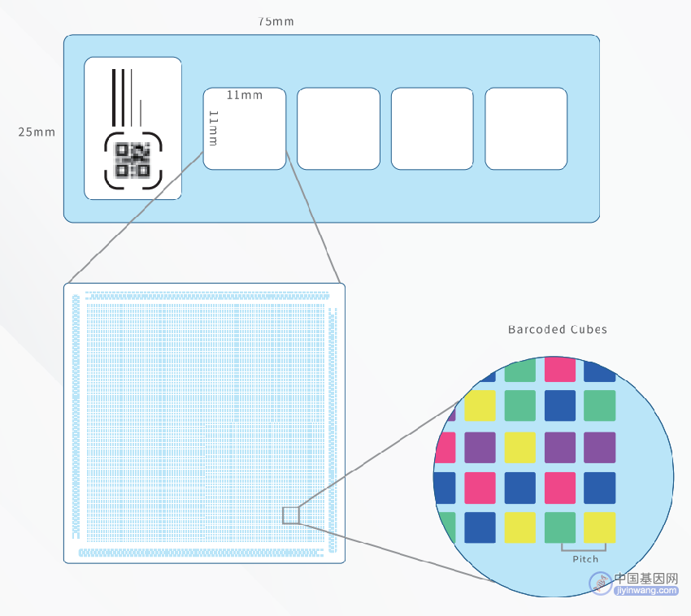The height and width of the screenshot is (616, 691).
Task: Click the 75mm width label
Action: pyautogui.click(x=276, y=21)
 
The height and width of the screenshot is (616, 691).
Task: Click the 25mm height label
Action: pyautogui.click(x=37, y=132)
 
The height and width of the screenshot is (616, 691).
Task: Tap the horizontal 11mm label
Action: pyautogui.click(x=245, y=95)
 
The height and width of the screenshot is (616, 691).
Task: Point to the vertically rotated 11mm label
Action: pyautogui.click(x=213, y=128)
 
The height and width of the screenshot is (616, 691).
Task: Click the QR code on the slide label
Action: pyautogui.click(x=133, y=160)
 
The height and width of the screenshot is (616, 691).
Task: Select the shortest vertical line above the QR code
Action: pyautogui.click(x=141, y=113)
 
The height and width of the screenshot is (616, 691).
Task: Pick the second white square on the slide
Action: pyautogui.click(x=338, y=128)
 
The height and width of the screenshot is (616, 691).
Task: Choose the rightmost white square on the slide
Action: pyautogui.click(x=526, y=128)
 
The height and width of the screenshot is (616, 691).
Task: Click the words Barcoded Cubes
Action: pyautogui.click(x=558, y=329)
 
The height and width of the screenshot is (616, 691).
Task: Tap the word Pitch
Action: pyautogui.click(x=585, y=559)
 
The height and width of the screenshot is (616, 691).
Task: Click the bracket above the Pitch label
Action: pyautogui.click(x=584, y=550)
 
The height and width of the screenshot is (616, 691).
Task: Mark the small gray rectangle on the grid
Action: pyautogui.click(x=291, y=515)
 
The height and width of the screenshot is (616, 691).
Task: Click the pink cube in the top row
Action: pyautogui.click(x=559, y=370)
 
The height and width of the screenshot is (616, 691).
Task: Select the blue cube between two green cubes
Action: pyautogui.click(x=559, y=406)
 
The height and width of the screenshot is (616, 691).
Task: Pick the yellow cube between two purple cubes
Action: pyautogui.click(x=520, y=447)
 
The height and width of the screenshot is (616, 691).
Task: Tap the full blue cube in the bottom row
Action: pyautogui.click(x=480, y=527)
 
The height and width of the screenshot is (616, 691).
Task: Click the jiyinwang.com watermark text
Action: pyautogui.click(x=646, y=591)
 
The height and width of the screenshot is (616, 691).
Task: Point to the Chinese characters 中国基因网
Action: pyautogui.click(x=646, y=578)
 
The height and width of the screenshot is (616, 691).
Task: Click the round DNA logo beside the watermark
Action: pyautogui.click(x=601, y=583)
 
